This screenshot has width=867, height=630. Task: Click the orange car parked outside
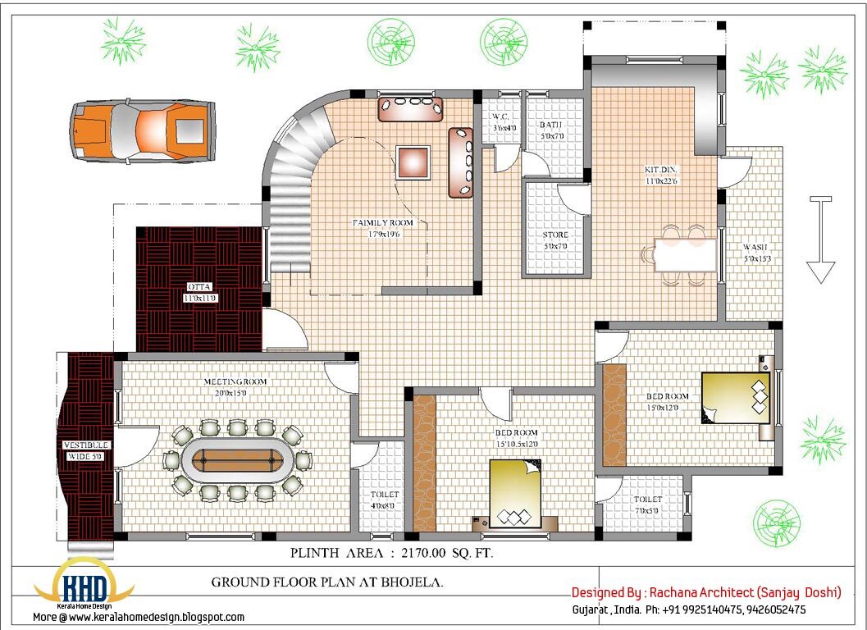tap(143, 130)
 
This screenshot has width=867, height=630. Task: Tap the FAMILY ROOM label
tap(383, 223)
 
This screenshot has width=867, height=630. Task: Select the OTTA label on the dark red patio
tap(199, 287)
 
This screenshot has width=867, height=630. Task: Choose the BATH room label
tap(550, 126)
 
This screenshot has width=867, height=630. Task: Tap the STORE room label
tap(555, 235)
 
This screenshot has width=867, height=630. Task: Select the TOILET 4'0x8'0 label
tap(384, 495)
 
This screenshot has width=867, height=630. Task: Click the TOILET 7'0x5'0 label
tap(648, 500)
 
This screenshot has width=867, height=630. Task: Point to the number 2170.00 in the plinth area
tap(427, 554)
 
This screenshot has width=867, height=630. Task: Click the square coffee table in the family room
tap(413, 162)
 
